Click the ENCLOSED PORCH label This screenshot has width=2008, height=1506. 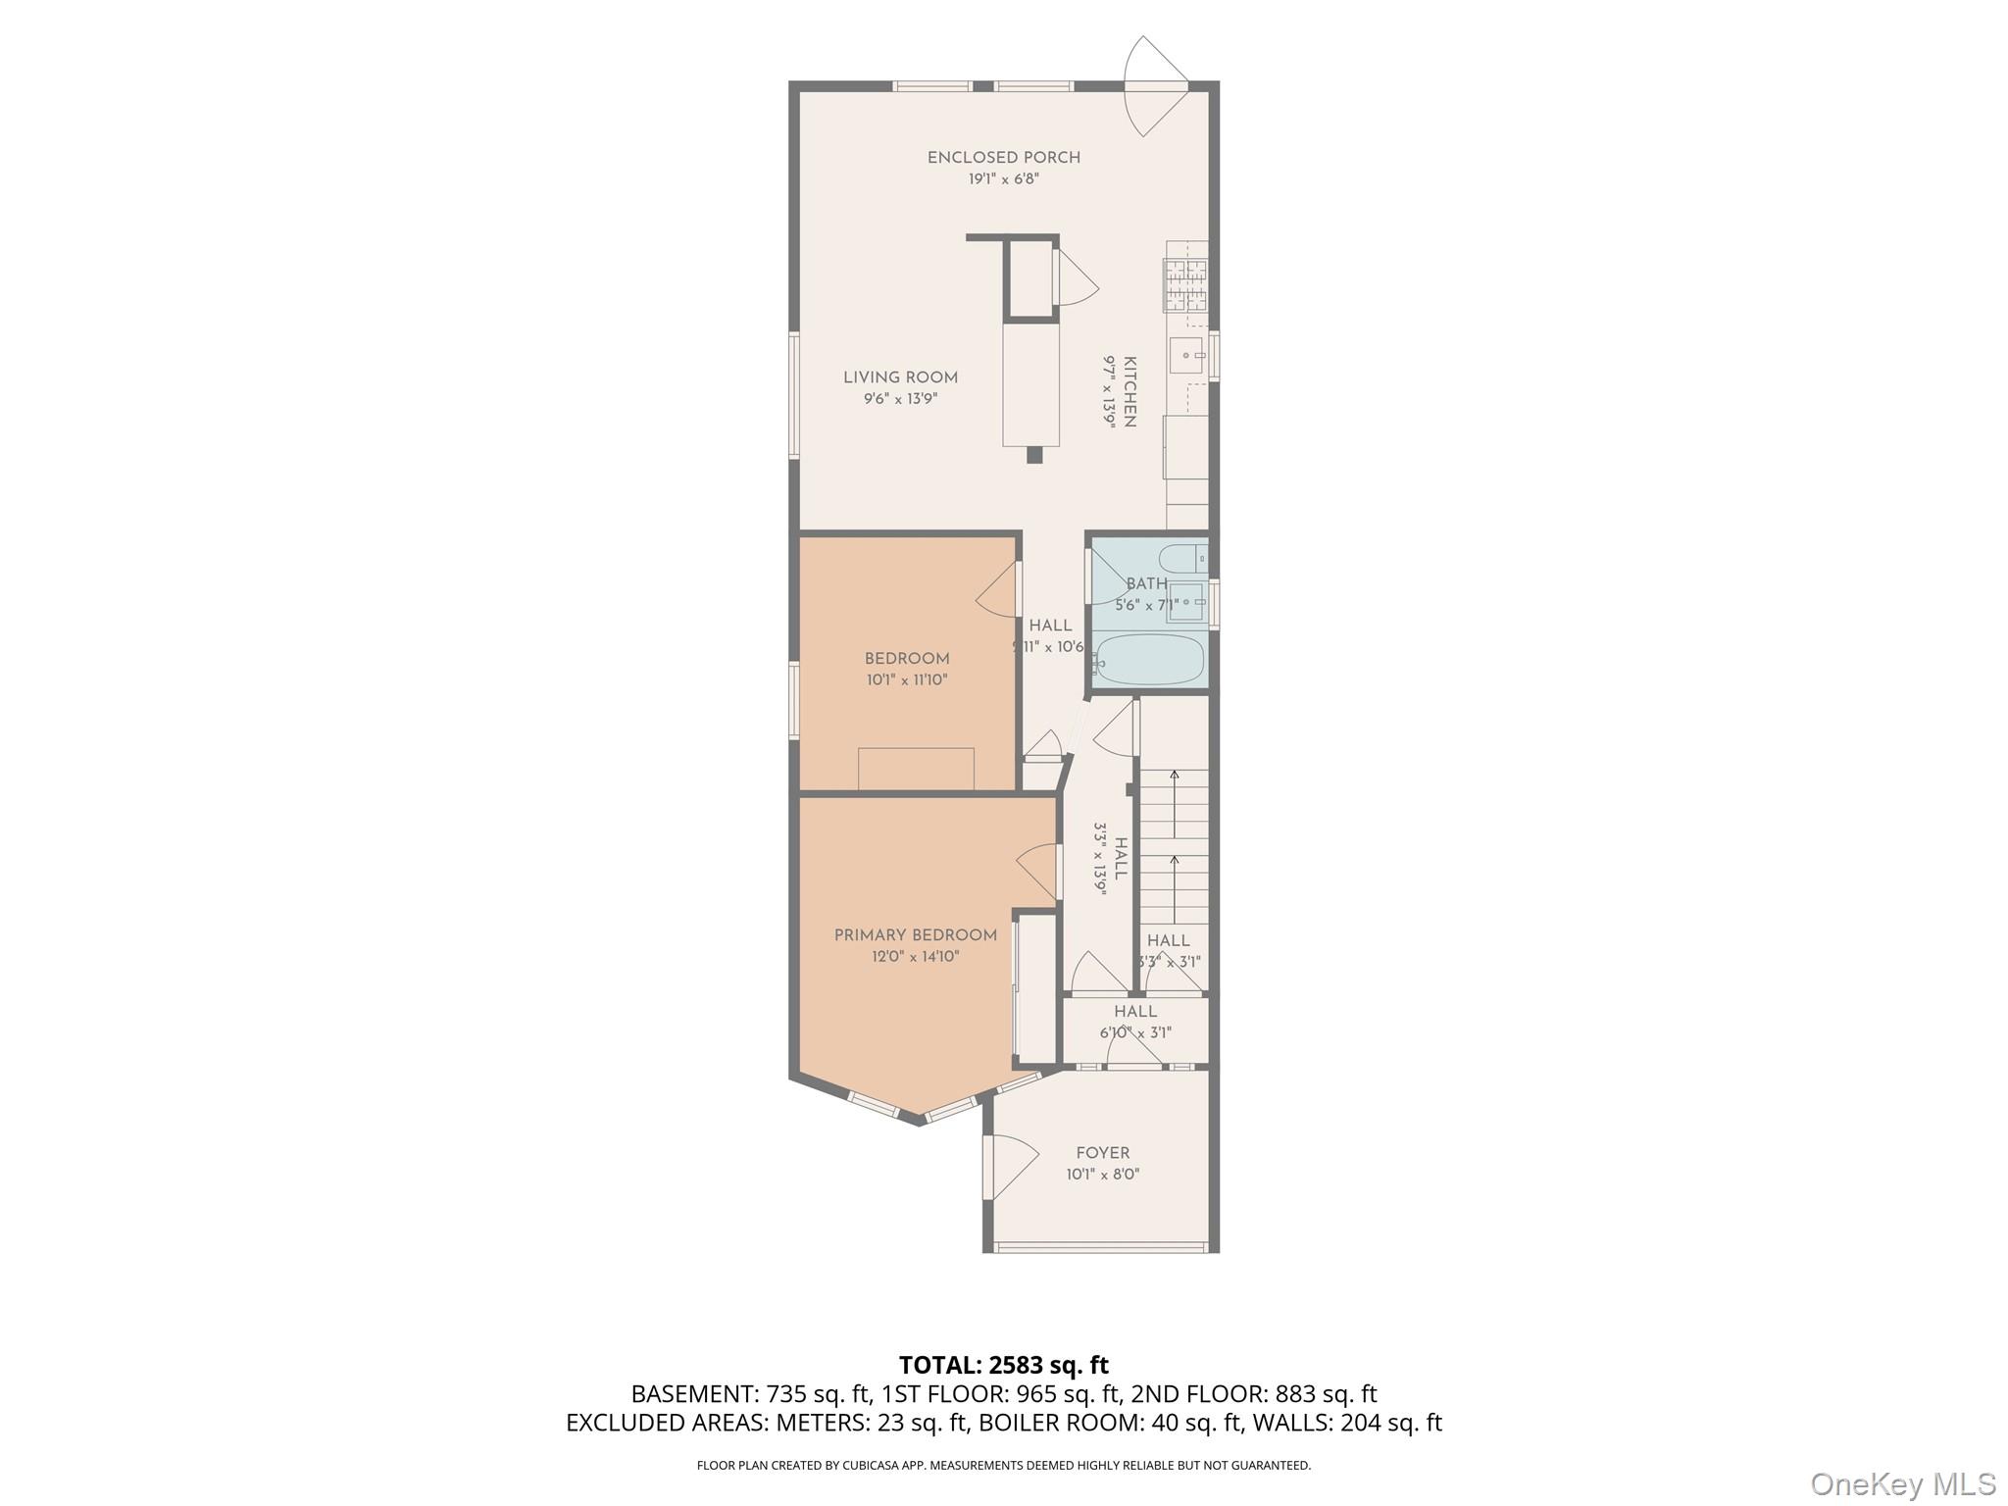pos(1003,158)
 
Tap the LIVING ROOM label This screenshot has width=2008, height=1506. pos(900,377)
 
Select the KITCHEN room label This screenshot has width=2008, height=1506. pos(1129,391)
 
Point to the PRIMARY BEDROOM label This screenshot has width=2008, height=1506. pos(915,935)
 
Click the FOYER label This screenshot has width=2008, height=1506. pos(1102,1153)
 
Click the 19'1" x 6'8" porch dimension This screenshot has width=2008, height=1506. pos(1003,179)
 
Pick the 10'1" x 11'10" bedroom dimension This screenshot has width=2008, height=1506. pos(906,679)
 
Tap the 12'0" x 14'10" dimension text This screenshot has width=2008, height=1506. pos(915,957)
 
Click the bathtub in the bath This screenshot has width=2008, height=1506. pos(1148,660)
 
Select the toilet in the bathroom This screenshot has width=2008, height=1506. pos(1180,559)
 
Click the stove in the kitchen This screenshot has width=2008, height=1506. pos(1185,284)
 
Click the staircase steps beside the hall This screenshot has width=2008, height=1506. pos(1174,846)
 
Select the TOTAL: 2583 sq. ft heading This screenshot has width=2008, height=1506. pos(1004,1365)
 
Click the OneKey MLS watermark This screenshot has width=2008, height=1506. pos(1903,1483)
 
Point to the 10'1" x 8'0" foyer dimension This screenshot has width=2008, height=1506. pos(1102,1175)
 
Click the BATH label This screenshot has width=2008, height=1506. pos(1146,584)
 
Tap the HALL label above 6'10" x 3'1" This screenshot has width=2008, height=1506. pos(1135,1012)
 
